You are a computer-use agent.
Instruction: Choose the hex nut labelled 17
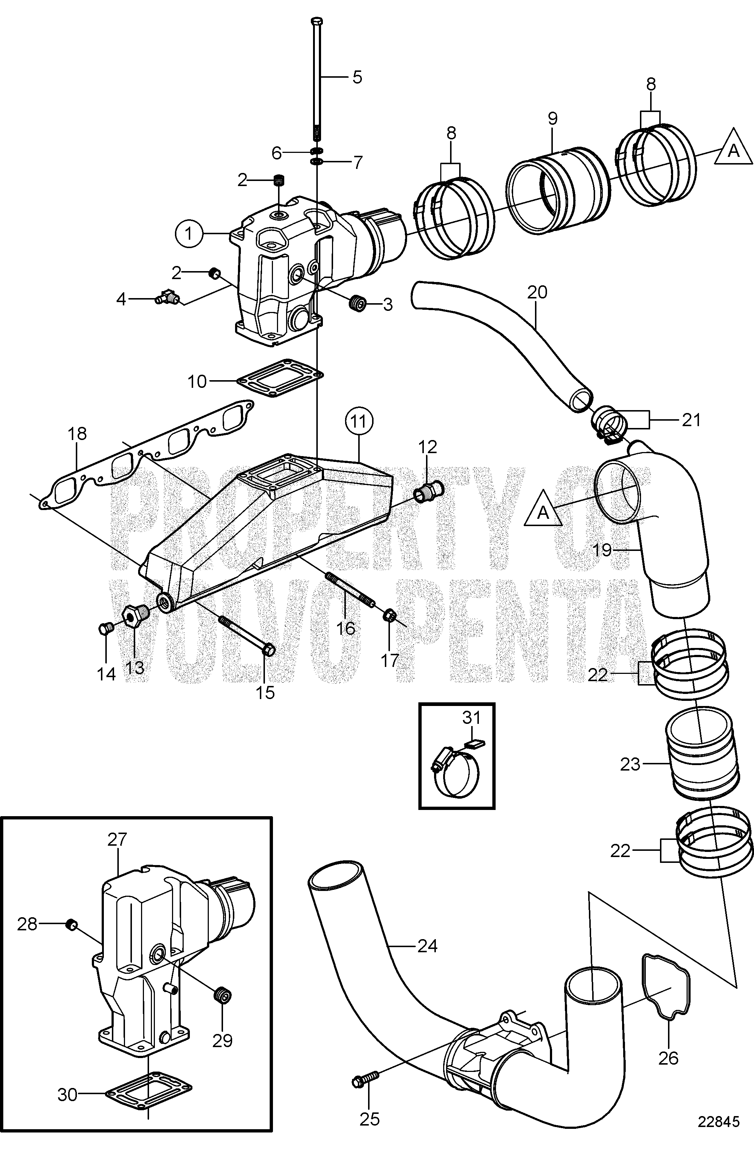388,616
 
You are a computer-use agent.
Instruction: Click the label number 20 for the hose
537,292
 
